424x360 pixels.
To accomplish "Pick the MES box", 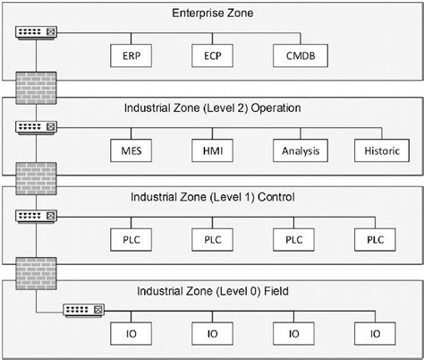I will [x=131, y=150].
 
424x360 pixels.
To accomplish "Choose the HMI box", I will [x=213, y=150].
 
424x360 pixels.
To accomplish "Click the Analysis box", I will [x=294, y=150].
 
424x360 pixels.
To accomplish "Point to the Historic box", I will [x=376, y=150].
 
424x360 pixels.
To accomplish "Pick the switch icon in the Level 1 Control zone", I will [x=35, y=217].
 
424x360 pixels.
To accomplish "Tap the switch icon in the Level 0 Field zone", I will [x=83, y=311].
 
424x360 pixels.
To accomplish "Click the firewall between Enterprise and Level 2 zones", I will [x=35, y=87].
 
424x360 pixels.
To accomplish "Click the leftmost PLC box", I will [x=131, y=239].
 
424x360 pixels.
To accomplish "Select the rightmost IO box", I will [x=376, y=334].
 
